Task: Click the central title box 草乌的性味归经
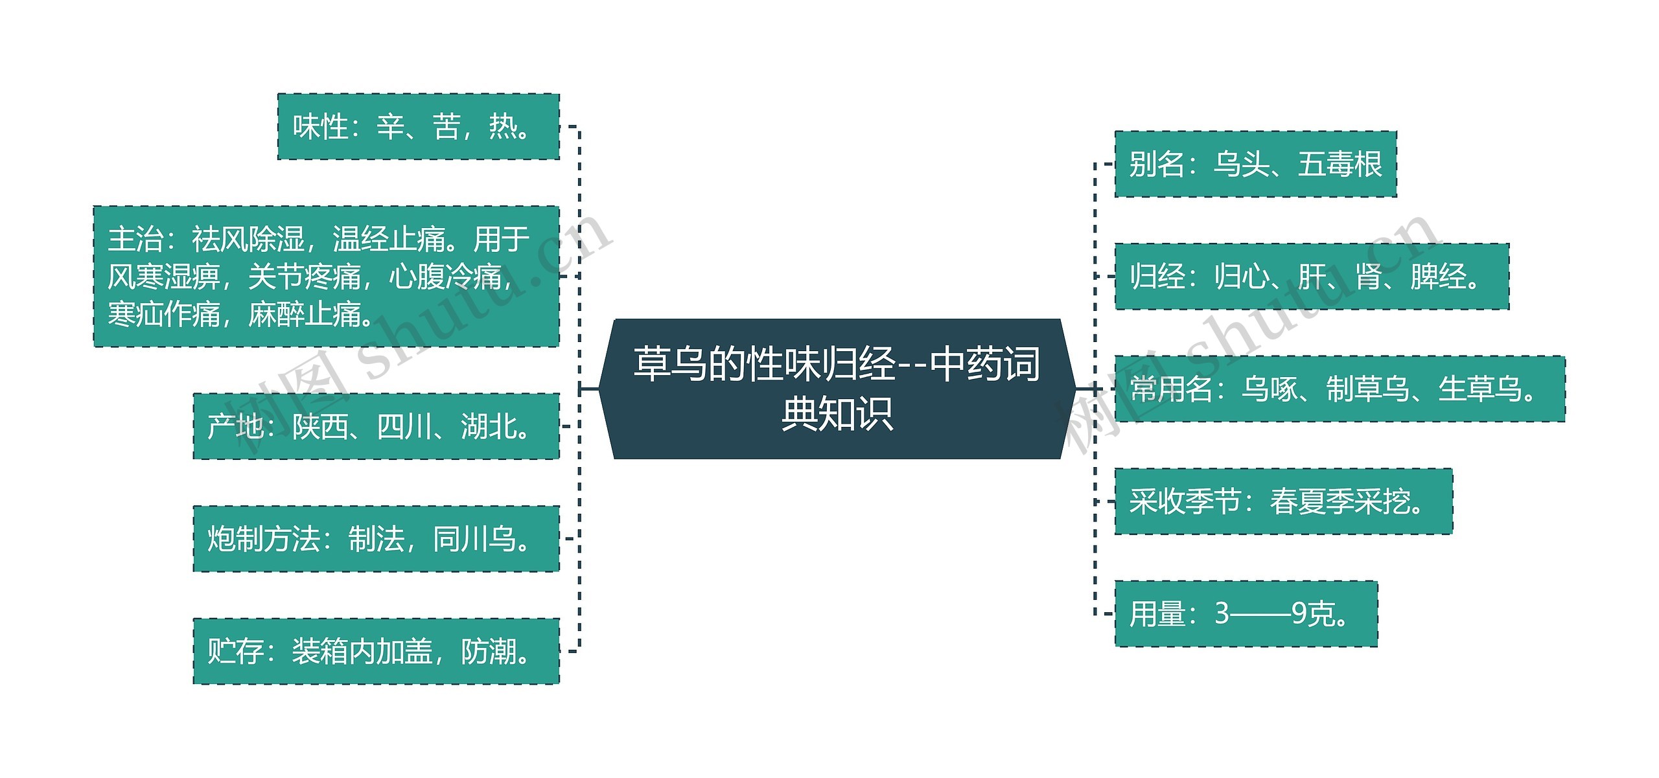(836, 389)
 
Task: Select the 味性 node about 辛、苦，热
(418, 126)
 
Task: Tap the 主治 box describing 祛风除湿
(326, 277)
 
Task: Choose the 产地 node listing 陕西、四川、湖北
(376, 426)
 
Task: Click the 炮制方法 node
(376, 538)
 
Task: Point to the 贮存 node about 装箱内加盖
(376, 651)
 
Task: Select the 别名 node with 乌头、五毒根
(1255, 164)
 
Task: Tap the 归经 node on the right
(1312, 277)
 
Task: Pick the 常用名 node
(1340, 389)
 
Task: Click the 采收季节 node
(1283, 501)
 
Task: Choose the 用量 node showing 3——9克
(1246, 613)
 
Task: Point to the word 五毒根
(1340, 165)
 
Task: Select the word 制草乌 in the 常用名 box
(1368, 389)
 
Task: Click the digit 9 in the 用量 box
(1299, 614)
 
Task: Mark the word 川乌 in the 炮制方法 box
(474, 539)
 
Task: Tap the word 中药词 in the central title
(984, 364)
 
